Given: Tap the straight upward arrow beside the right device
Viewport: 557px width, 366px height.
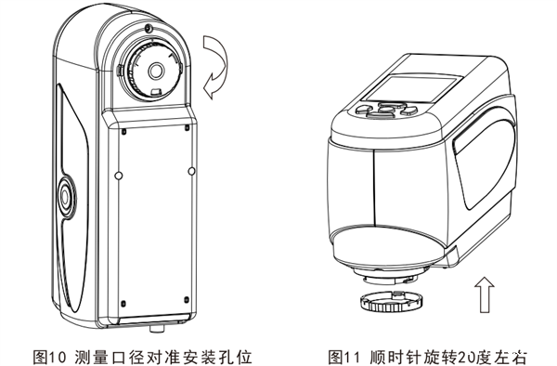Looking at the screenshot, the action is pos(485,294).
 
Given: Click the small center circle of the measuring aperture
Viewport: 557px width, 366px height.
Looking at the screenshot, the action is pos(156,72).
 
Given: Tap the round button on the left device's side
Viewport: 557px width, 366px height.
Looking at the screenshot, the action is pos(66,196).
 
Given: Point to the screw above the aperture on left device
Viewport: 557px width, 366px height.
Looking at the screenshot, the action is pos(149,28).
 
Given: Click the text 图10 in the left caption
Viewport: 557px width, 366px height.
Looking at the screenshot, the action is pos(51,357).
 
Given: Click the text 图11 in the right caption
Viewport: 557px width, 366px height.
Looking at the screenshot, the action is pos(346,357).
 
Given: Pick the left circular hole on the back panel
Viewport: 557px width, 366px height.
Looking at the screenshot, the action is pos(119,176).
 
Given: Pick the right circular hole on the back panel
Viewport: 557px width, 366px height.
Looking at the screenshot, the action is pos(191,171).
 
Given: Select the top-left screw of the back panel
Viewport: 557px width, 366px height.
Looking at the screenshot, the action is pos(123,132).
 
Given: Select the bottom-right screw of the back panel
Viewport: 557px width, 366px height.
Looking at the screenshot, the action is pos(187,300).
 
